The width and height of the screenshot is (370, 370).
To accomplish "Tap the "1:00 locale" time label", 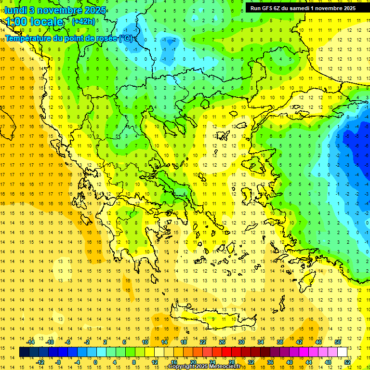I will click(35, 22).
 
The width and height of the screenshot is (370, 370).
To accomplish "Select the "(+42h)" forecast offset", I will click(83, 21).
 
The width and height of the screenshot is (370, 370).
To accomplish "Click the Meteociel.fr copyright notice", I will click(204, 367).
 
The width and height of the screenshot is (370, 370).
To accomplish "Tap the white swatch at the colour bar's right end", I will click(343, 352).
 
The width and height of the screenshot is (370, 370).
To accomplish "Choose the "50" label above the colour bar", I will click(337, 342).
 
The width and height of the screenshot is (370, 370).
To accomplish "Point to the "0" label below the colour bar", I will click(95, 362).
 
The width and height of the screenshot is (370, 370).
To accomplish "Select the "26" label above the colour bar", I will click(222, 342).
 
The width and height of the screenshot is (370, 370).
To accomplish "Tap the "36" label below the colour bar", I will click(270, 362).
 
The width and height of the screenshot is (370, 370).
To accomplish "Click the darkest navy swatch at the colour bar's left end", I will click(25, 352).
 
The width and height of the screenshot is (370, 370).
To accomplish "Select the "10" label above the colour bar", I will click(145, 342).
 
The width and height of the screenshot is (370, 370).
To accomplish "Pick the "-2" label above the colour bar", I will click(87, 342).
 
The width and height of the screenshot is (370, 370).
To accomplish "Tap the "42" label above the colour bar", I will click(299, 342).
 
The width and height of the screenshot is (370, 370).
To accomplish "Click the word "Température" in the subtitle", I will click(30, 39).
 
